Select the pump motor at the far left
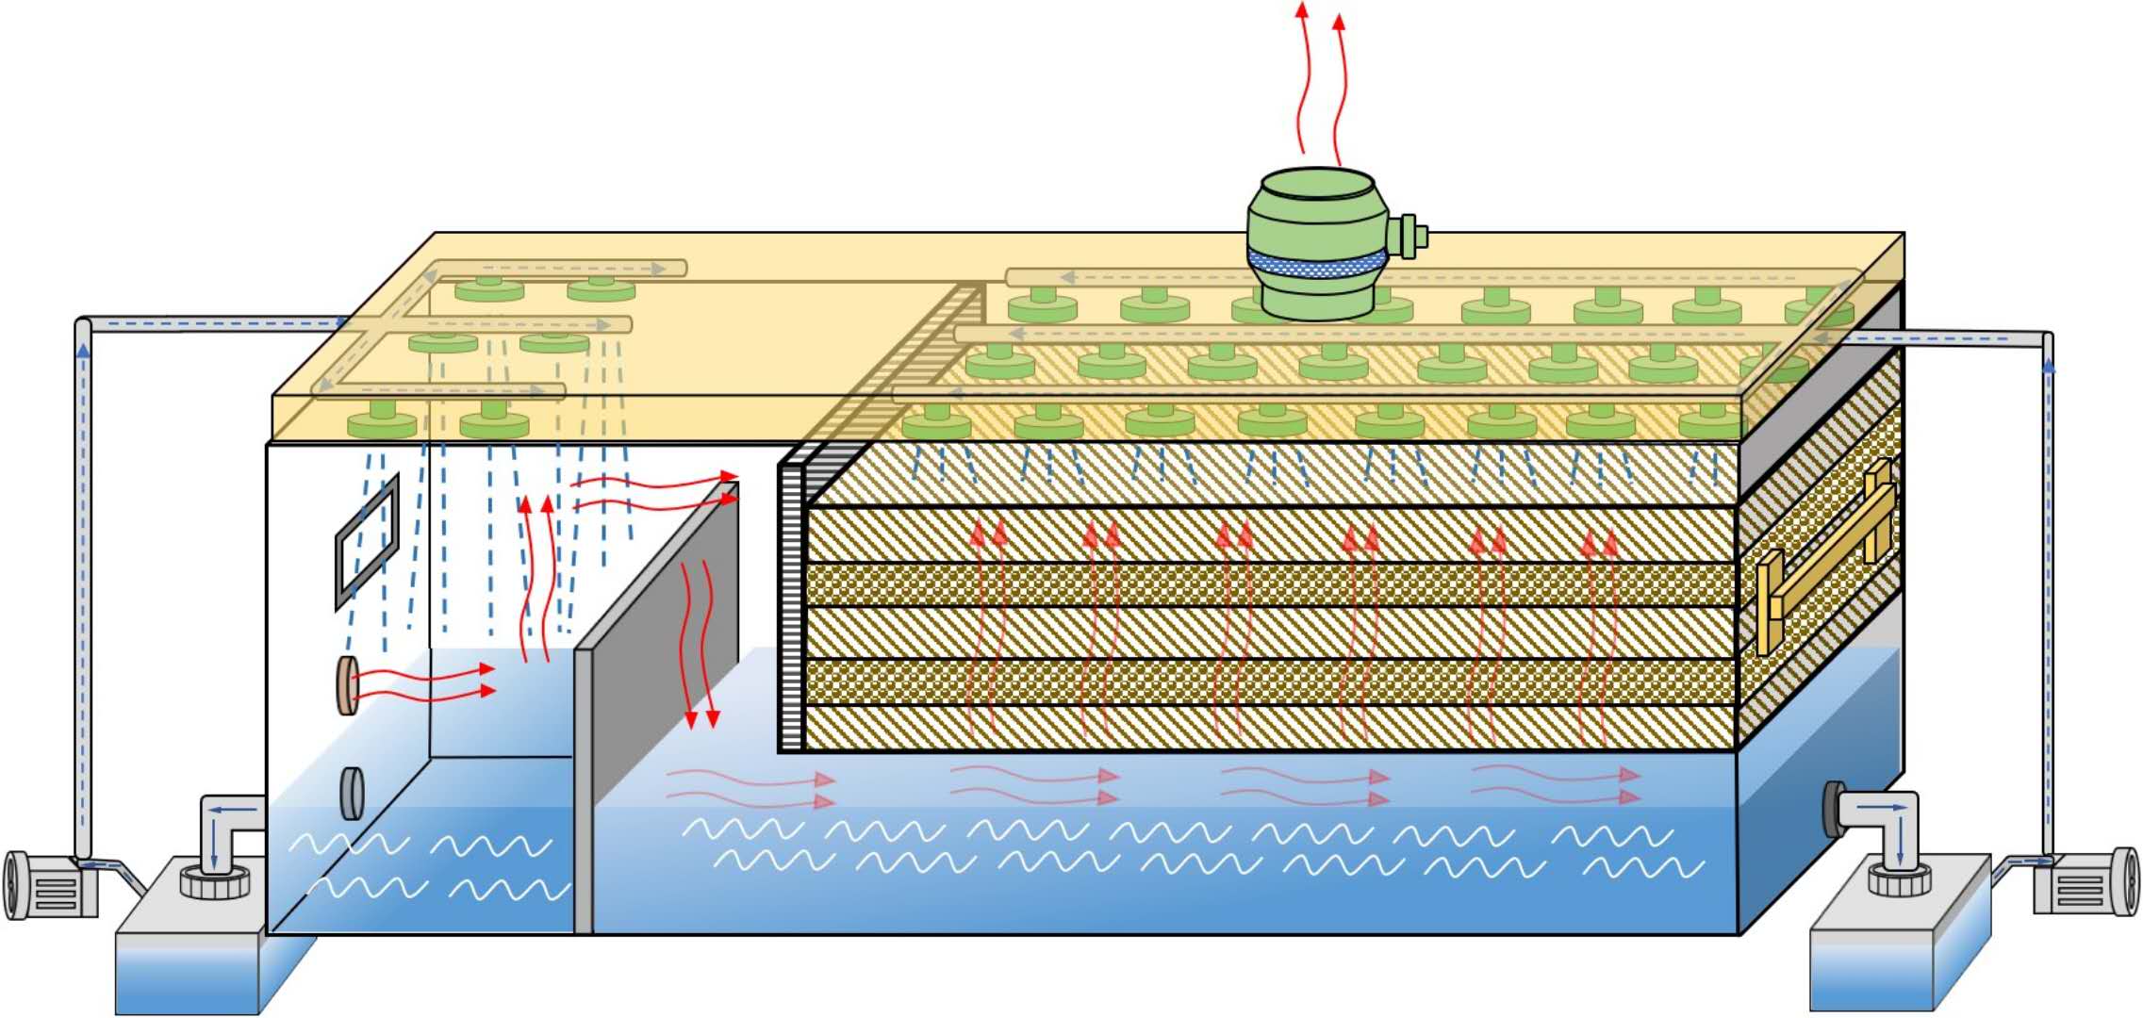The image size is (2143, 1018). (x=52, y=884)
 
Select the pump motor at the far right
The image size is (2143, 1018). (x=2085, y=881)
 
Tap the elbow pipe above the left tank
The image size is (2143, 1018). (x=226, y=829)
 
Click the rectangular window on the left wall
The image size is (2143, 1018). (x=367, y=543)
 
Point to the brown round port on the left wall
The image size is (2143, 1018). (x=348, y=685)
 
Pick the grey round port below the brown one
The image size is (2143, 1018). (x=352, y=794)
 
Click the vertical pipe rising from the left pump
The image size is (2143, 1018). (x=83, y=584)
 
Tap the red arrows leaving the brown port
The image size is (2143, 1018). (x=424, y=683)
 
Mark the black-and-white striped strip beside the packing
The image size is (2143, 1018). (x=790, y=603)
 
